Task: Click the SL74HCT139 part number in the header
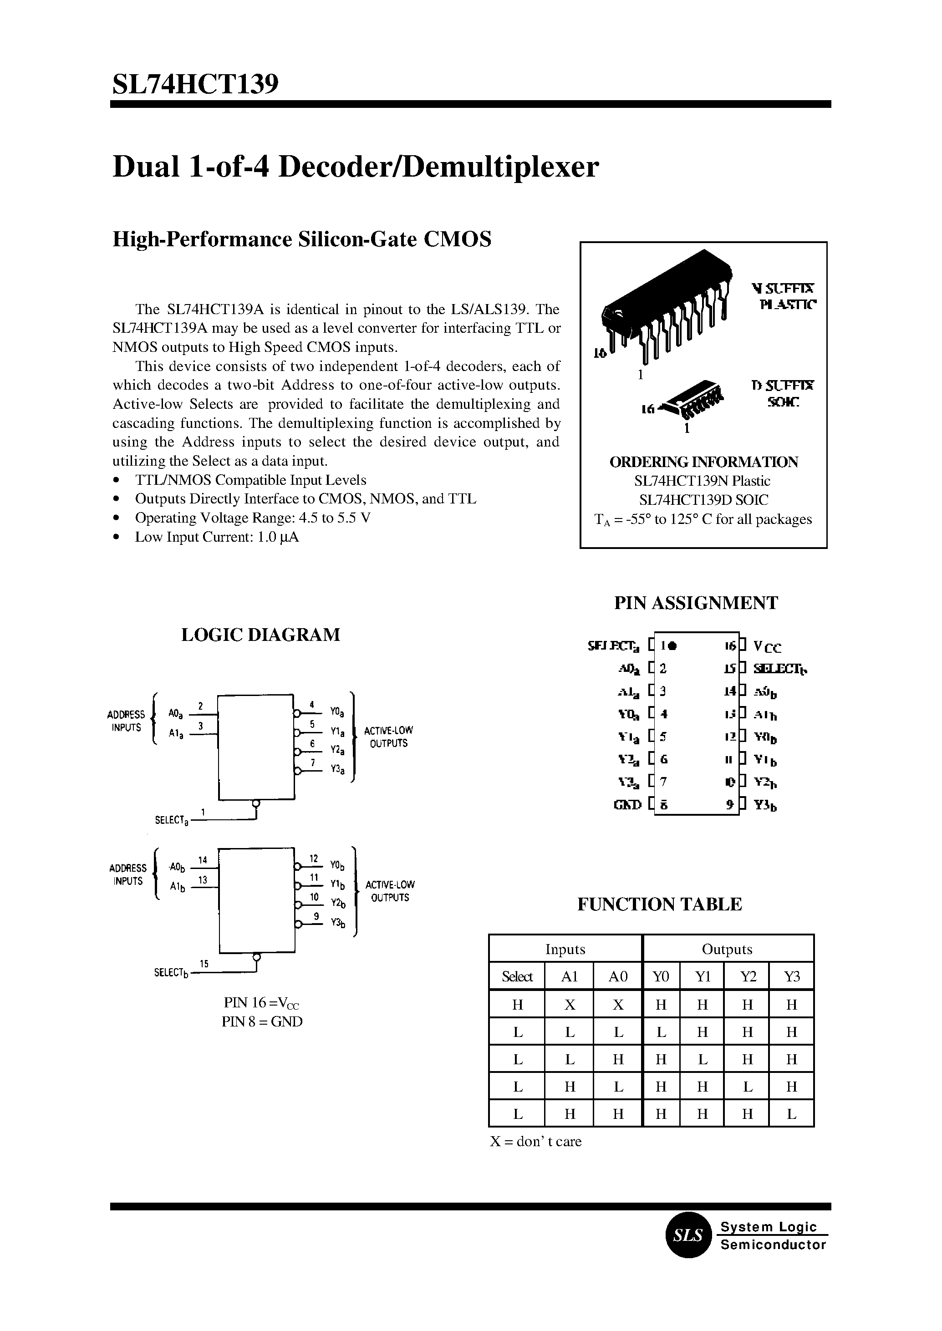195,84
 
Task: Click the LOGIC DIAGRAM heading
260,635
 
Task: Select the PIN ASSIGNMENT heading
696,603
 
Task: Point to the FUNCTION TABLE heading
660,904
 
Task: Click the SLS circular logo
688,1235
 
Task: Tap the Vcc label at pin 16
767,647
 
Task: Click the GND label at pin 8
627,804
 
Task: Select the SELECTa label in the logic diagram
171,821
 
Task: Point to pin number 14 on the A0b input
203,860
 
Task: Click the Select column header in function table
517,977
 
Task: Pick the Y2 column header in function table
748,977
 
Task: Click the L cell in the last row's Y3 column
792,1114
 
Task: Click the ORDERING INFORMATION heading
703,462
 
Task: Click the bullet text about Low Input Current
216,537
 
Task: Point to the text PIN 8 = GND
262,1022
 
